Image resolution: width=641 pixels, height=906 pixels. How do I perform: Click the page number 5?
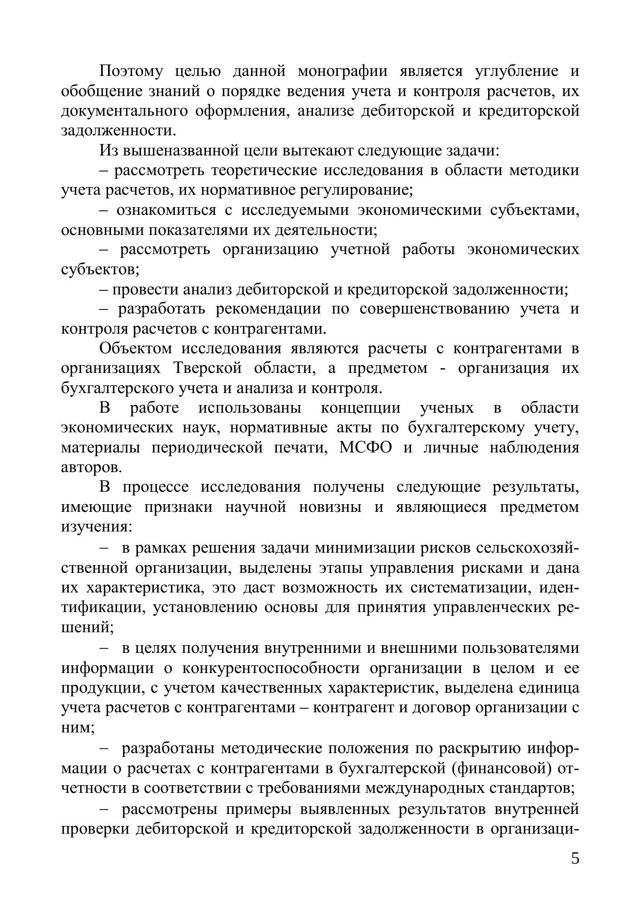tap(575, 858)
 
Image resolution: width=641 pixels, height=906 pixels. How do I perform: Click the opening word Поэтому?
tap(132, 71)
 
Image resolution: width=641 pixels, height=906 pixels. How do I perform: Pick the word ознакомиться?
tap(166, 210)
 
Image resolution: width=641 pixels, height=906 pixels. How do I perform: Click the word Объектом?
tap(135, 349)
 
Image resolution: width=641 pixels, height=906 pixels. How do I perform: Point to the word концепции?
tap(361, 408)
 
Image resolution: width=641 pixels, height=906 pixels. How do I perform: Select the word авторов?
tap(91, 467)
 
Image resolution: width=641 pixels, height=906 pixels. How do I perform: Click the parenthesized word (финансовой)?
tap(498, 769)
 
